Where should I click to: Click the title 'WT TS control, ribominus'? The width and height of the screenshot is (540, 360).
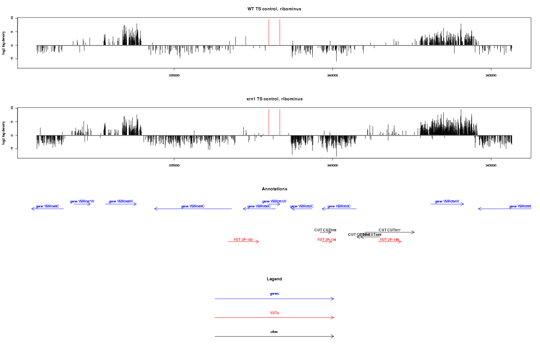pos(274,9)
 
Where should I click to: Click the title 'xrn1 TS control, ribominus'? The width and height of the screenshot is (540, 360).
pos(274,99)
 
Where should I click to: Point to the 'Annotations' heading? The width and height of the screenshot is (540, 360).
pos(274,189)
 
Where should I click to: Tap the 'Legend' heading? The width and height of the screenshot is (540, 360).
pos(274,279)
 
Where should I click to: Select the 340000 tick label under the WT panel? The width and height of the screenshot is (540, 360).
pos(332,76)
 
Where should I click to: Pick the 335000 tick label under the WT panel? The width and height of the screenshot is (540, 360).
pos(174,76)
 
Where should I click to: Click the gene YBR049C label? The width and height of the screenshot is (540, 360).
pos(193,206)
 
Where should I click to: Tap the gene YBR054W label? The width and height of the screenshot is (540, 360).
pos(447,202)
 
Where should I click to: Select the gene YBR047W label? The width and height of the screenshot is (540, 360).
pos(82,202)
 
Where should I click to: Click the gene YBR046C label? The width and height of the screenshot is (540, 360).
pos(47,206)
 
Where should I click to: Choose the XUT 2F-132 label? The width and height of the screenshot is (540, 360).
pos(243,239)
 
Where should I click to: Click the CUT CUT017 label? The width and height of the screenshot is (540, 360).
pos(389,230)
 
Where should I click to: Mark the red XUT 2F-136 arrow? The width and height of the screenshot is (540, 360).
pos(389,242)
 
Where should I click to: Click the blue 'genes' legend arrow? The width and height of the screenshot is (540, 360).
pos(274,299)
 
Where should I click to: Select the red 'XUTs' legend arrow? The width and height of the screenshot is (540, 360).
pos(274,318)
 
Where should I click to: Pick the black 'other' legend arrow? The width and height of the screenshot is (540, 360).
pos(274,336)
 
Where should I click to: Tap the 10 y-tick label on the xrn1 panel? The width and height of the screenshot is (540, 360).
pos(13,108)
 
